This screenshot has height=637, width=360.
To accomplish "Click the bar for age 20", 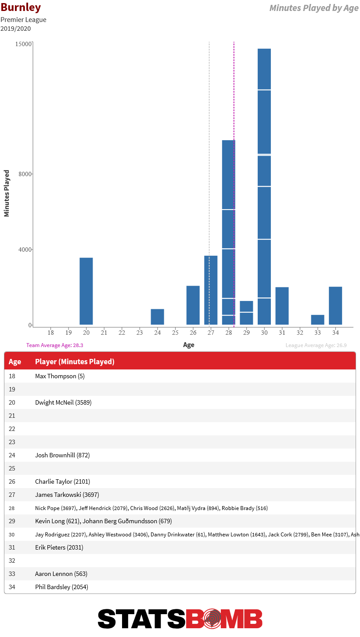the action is click(86, 291).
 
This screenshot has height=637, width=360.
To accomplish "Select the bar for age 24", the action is click(157, 316).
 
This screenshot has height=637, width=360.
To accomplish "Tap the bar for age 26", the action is click(193, 305).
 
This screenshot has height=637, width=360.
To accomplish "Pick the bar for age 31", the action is click(282, 306).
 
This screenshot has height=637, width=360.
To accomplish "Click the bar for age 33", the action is click(317, 320).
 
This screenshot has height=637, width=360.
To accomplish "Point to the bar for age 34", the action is click(335, 305).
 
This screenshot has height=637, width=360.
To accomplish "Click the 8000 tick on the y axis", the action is click(25, 174).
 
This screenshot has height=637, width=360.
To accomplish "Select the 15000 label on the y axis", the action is click(23, 44).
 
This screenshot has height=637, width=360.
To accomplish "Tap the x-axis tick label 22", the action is click(122, 333).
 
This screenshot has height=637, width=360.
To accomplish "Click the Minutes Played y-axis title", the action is click(7, 193).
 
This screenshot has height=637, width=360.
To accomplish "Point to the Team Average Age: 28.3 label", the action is click(55, 345).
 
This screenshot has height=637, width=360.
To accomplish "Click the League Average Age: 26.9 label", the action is click(316, 345).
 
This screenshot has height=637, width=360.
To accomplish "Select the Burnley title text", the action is click(21, 7).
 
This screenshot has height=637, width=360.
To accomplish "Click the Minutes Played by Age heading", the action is click(314, 8).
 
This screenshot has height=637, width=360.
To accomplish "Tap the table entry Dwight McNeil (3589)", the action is click(63, 402).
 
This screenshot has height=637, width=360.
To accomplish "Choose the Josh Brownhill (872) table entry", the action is click(62, 455).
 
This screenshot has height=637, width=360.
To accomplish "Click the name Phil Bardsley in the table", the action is click(53, 586).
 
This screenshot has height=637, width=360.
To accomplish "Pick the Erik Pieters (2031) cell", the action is click(59, 547).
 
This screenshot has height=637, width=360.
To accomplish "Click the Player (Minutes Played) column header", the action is click(75, 362).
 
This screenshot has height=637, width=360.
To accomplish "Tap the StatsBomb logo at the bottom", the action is click(180, 619).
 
